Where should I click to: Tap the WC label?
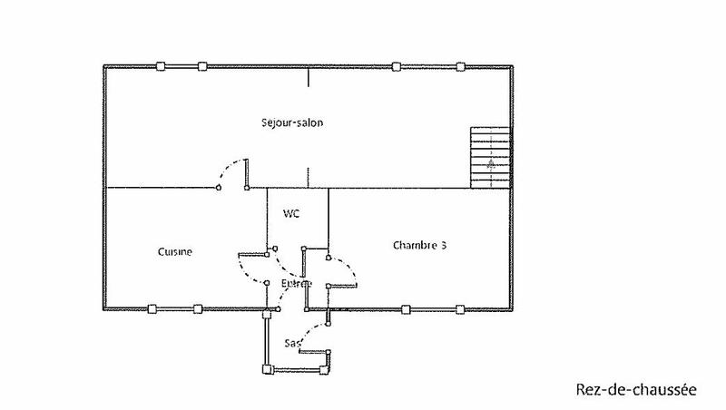click(x=291, y=214)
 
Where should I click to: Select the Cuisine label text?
click(x=175, y=252)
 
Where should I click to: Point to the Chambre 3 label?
click(x=420, y=245)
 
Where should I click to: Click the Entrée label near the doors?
click(x=296, y=284)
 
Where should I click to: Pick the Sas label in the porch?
click(x=291, y=343)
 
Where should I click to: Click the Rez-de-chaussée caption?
click(x=635, y=391)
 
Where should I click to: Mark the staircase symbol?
click(x=491, y=158)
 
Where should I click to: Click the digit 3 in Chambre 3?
click(x=444, y=245)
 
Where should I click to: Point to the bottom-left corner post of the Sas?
click(x=266, y=368)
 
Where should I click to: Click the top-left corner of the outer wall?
click(x=106, y=67)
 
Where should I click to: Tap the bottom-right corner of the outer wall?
click(x=515, y=309)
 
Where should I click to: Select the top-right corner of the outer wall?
click(x=515, y=67)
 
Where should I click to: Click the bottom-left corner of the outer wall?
click(x=106, y=309)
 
